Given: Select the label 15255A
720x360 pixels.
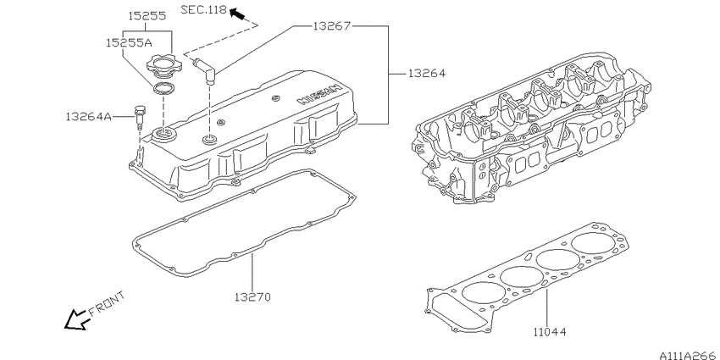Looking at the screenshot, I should pyautogui.click(x=127, y=41).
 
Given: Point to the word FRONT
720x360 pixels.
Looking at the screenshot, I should pyautogui.click(x=106, y=302).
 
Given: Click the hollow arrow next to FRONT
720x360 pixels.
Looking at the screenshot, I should pyautogui.click(x=76, y=319).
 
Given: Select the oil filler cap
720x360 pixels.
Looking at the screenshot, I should pyautogui.click(x=162, y=64).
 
